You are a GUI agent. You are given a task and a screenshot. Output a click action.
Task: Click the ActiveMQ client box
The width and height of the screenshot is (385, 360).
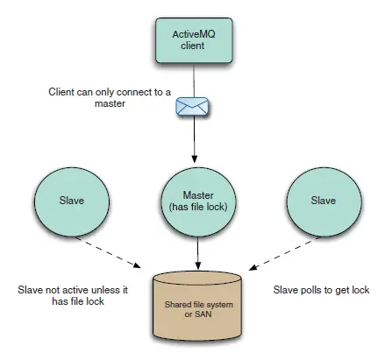(x=194, y=40)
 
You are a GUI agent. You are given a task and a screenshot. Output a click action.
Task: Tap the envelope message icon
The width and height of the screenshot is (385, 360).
(x=192, y=106)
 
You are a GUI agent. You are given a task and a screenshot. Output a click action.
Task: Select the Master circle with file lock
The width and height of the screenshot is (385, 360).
(x=198, y=202)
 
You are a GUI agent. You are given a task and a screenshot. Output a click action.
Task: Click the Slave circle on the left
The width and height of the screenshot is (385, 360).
(x=72, y=201)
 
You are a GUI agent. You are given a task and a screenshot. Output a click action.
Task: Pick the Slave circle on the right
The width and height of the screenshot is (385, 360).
(x=324, y=202)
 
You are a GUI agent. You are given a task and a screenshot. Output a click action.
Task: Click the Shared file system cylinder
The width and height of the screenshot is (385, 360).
(x=197, y=306)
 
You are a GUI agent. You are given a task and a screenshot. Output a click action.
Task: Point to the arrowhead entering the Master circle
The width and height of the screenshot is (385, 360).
(x=195, y=159)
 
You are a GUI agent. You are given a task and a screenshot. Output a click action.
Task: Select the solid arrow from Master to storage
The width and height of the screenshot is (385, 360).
(x=198, y=253)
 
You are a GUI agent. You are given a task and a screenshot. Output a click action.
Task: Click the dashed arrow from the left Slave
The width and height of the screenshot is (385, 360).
(x=108, y=252)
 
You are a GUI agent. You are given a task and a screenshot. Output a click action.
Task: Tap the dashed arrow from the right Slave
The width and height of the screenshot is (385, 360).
(x=283, y=253)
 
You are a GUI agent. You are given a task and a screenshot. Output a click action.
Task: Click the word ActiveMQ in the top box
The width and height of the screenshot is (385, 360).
(x=194, y=34)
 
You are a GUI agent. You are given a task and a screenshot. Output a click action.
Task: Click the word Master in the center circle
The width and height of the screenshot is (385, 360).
(x=198, y=195)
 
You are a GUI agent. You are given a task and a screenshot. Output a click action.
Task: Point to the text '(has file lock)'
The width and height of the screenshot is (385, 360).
(x=198, y=207)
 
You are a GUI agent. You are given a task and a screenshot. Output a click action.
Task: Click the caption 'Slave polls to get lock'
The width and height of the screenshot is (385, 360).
(x=321, y=290)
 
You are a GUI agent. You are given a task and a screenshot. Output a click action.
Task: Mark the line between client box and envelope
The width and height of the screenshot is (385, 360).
(x=194, y=81)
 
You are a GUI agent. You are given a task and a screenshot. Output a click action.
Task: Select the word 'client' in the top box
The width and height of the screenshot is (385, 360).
(x=193, y=46)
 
